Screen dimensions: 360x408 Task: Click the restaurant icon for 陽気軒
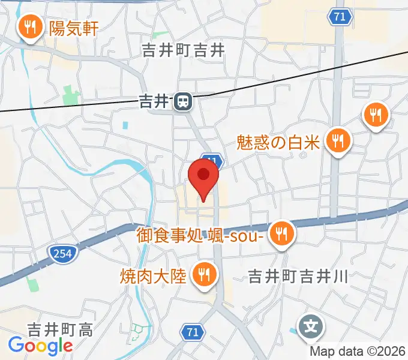coord(29,27)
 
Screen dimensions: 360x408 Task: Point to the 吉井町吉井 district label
coord(183,52)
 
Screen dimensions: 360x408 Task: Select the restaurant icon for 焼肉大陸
coord(204,275)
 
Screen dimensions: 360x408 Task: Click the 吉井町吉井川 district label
coord(298,276)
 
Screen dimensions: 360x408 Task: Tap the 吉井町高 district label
coord(59,329)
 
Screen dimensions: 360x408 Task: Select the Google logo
coord(40,346)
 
